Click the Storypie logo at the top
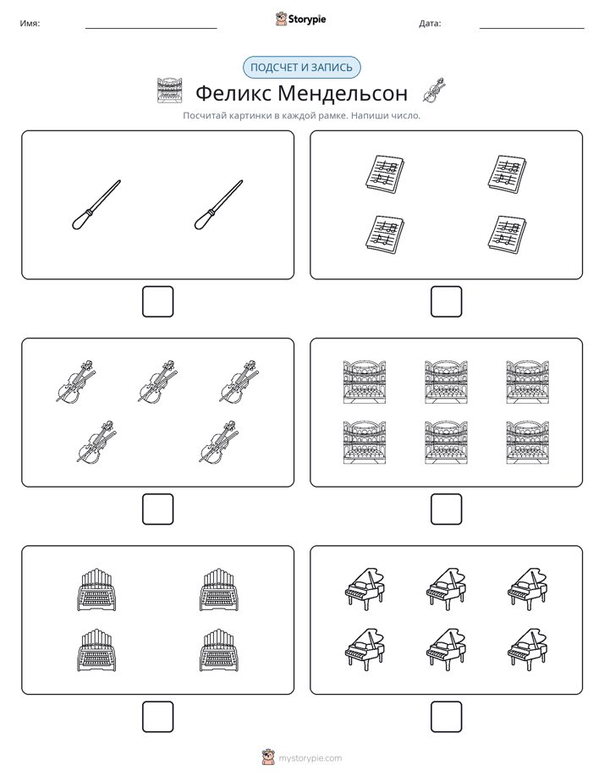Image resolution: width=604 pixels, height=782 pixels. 300,19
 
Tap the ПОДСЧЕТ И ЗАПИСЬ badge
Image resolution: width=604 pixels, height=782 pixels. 301,68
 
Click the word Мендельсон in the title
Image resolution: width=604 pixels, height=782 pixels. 343,93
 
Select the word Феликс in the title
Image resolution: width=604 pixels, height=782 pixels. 233,93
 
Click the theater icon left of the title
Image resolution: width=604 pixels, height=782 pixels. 170,91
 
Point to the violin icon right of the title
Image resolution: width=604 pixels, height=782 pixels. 434,91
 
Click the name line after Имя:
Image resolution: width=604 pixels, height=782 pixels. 151,29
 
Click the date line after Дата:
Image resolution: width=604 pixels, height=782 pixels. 532,29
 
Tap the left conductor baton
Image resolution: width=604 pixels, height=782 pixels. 96,205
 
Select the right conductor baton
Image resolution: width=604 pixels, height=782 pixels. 219,205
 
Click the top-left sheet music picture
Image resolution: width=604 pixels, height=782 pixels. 385,174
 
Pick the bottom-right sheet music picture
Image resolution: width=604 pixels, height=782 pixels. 508,234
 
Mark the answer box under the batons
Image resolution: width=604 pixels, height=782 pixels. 158,302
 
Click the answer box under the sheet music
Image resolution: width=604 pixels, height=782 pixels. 447,302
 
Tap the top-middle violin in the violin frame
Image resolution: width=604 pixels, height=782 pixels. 157,381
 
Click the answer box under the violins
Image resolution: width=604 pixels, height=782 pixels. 158,509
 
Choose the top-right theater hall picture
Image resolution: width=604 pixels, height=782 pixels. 528,382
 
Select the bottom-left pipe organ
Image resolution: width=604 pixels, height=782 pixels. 96,650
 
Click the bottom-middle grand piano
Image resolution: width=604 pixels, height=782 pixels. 447,649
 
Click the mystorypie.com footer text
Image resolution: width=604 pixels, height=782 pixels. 310,758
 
